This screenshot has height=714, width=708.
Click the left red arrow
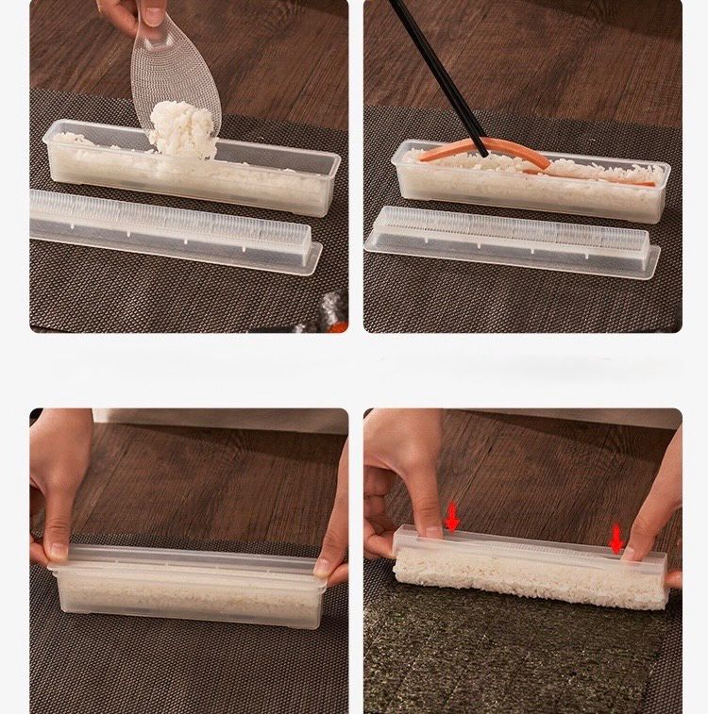[452, 516]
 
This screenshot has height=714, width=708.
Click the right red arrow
[616, 539]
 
